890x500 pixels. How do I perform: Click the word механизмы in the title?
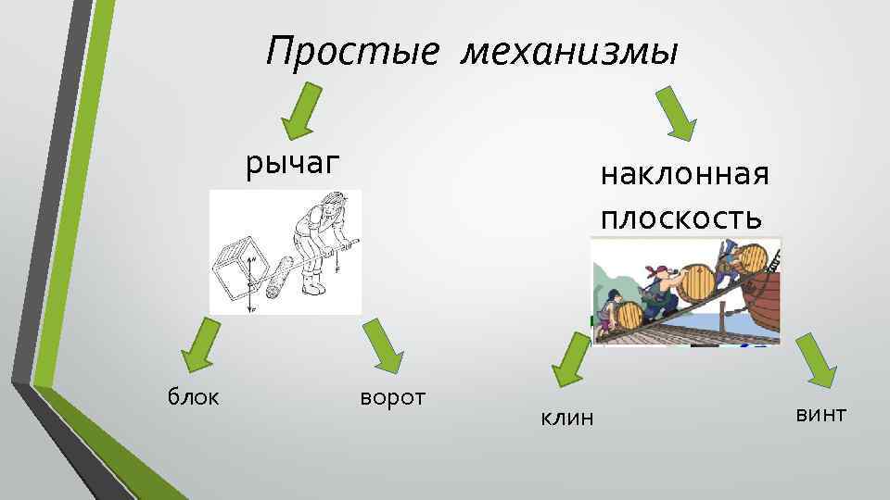569,52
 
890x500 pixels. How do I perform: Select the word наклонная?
685,174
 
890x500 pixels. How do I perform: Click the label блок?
193,397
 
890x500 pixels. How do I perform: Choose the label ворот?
391,397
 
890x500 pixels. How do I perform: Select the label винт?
820,413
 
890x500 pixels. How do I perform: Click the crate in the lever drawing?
234,273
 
